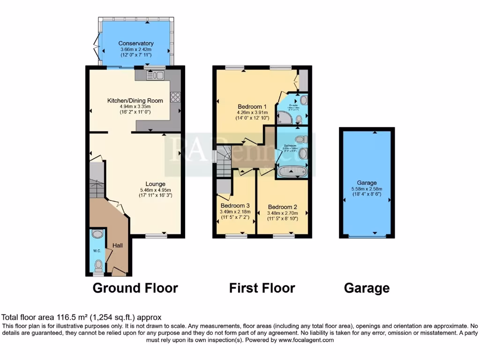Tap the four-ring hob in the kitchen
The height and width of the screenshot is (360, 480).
pyautogui.click(x=175, y=97)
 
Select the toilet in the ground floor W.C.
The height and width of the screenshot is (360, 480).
pyautogui.click(x=98, y=266)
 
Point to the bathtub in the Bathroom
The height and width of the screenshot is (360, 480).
pyautogui.click(x=292, y=172)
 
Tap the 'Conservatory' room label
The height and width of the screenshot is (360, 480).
pyautogui.click(x=136, y=44)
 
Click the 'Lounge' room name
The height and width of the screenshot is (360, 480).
pyautogui.click(x=155, y=184)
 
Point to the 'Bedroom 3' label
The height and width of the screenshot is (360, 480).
pyautogui.click(x=235, y=205)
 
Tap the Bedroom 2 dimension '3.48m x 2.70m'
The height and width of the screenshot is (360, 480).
pyautogui.click(x=283, y=212)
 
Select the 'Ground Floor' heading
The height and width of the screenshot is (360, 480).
pyautogui.click(x=135, y=288)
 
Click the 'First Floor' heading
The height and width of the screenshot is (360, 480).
pyautogui.click(x=262, y=288)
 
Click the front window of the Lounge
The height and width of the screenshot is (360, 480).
pyautogui.click(x=156, y=236)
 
